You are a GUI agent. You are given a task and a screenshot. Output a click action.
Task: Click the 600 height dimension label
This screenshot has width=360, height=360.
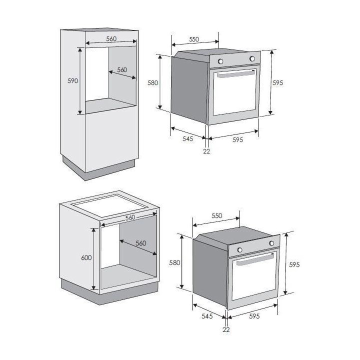pos(86,257)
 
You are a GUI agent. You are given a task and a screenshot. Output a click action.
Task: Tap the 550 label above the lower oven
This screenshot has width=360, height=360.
pos(216,215)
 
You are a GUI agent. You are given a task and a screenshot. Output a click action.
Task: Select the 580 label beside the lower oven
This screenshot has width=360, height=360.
pos(174,262)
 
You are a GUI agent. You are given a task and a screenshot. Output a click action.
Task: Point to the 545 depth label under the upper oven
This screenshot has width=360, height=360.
pos(188,138)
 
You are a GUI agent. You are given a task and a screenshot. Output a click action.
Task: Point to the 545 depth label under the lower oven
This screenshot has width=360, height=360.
pos(207,315)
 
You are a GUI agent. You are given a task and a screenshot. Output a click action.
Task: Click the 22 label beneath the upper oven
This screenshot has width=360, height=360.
pos(206,151)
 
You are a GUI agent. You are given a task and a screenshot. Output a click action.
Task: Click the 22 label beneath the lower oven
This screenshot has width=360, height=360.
pos(226,329)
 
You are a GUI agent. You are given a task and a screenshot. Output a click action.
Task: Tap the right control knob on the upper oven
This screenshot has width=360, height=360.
pos(252,59)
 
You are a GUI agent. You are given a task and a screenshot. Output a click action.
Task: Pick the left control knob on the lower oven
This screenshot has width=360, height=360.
pos(240,249)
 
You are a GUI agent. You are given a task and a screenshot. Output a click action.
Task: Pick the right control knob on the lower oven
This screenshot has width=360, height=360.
pos(271,243)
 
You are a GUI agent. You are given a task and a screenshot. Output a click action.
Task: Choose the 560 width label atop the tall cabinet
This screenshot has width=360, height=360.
pos(111,39)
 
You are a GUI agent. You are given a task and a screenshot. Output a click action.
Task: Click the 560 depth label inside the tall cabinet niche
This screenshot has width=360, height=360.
pos(122,70)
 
